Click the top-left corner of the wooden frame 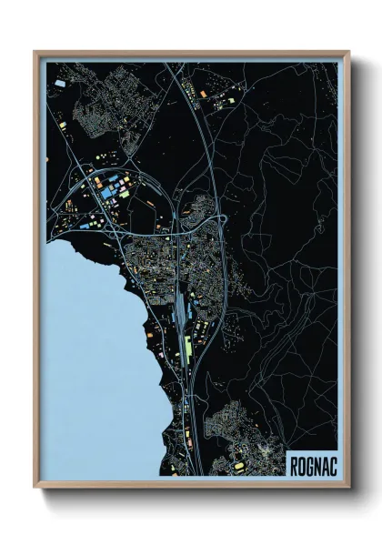pyautogui.click(x=35, y=52)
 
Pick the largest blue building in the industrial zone pyautogui.click(x=110, y=193)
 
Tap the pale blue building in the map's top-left pyautogui.click(x=60, y=83)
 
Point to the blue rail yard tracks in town pyautogui.click(x=182, y=309)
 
